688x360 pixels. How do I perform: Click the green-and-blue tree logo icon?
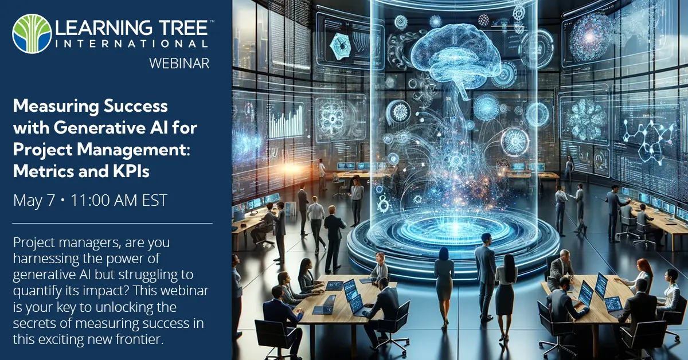click(x=32, y=34)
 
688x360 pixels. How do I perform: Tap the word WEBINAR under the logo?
click(x=179, y=63)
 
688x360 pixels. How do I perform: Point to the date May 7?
click(x=35, y=200)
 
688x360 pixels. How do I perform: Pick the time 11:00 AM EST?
click(x=119, y=200)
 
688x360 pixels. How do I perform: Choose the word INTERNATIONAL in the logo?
click(x=132, y=44)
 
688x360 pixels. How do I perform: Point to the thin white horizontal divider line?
click(x=112, y=223)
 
